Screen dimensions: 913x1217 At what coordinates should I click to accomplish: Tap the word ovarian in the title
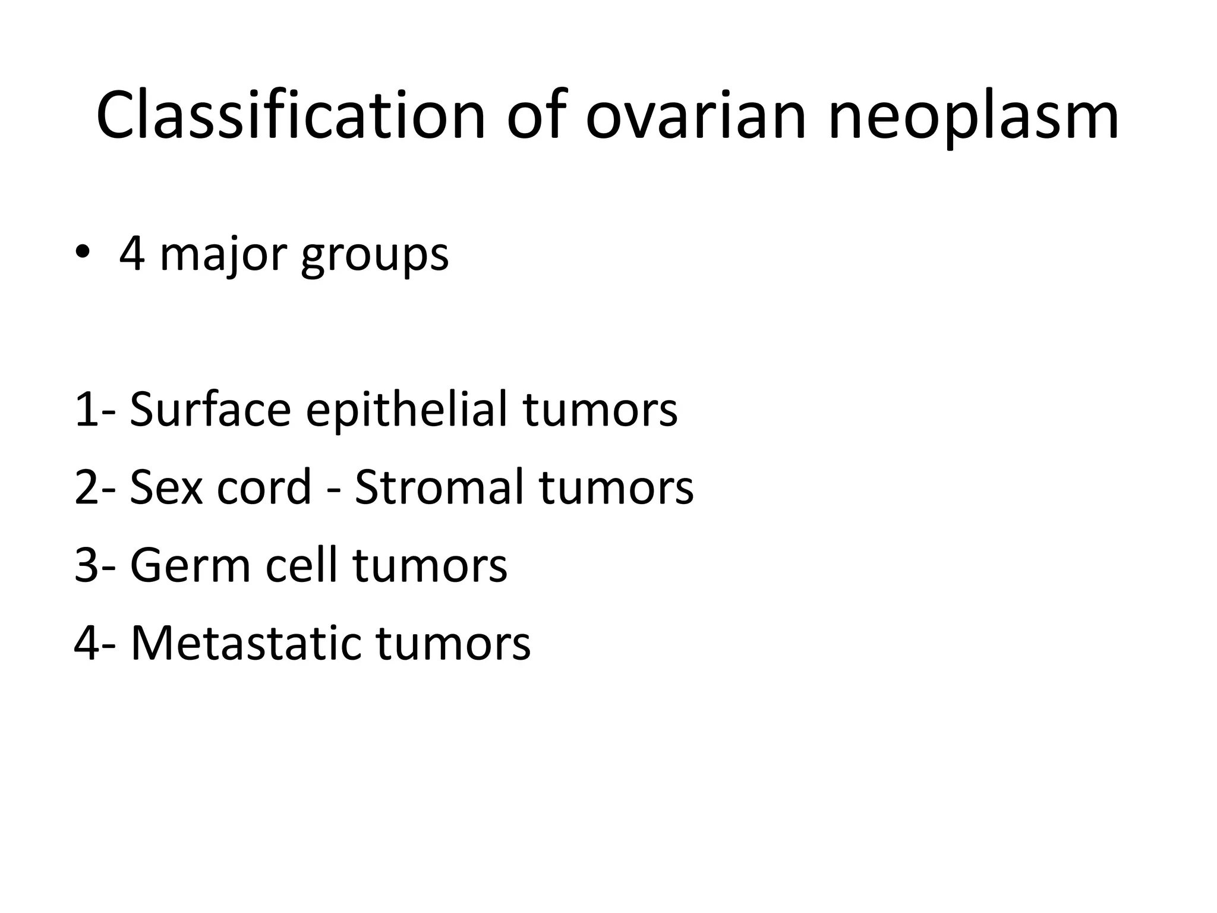tap(695, 116)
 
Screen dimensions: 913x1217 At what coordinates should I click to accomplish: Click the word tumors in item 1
tap(600, 410)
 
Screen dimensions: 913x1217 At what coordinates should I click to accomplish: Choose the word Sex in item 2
tap(166, 487)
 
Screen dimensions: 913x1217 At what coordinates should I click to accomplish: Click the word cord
tap(264, 487)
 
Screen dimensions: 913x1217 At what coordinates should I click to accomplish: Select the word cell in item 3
tap(300, 565)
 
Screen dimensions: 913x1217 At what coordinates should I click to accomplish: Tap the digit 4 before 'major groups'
tap(131, 254)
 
